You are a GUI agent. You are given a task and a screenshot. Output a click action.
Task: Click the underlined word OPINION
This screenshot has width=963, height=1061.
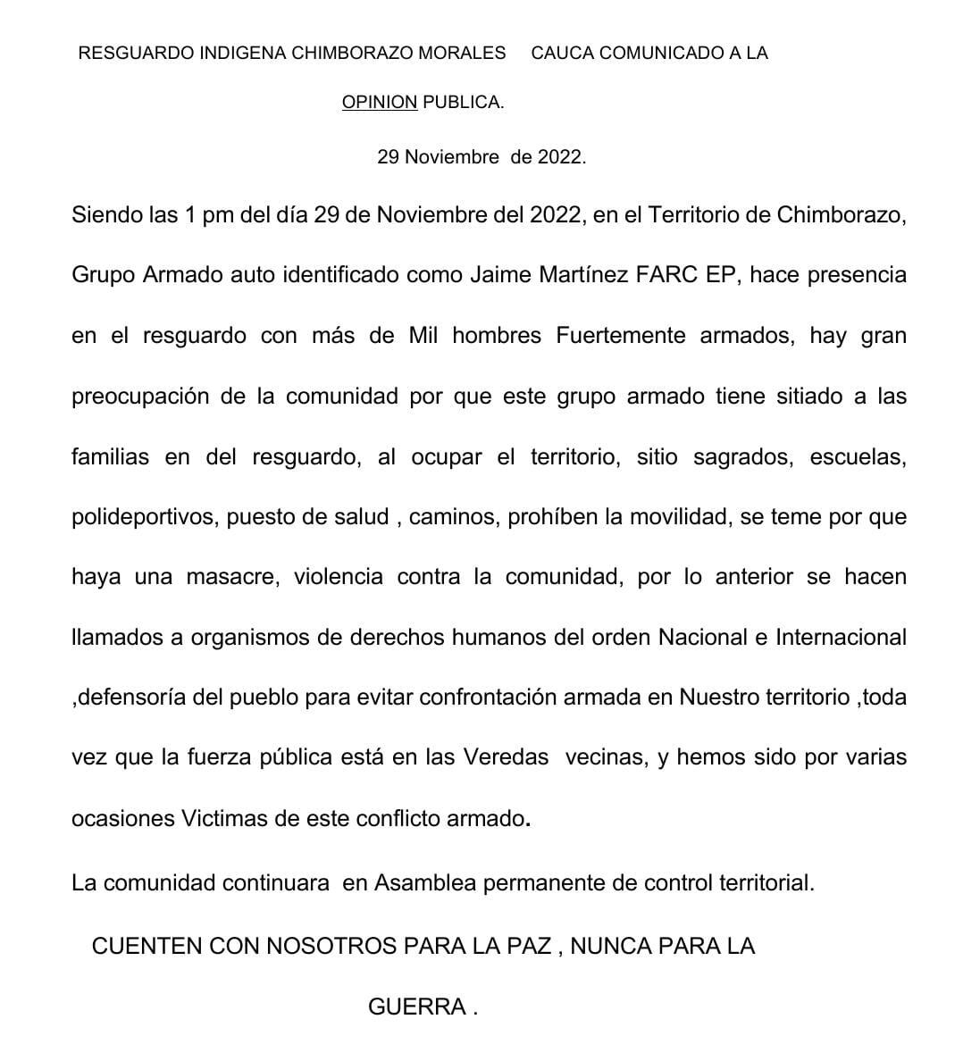[379, 103]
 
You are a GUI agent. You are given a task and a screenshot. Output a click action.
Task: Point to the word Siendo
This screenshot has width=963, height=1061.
[106, 215]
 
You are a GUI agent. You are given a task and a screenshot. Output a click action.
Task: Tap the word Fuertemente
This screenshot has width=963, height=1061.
[621, 336]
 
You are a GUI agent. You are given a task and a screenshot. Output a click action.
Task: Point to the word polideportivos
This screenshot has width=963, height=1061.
[143, 517]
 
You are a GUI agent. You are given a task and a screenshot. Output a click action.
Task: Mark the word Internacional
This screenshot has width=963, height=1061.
[841, 638]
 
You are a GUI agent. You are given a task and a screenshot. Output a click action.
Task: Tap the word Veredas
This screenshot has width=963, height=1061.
[506, 757]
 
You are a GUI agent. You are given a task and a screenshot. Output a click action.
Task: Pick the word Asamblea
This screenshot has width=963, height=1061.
[425, 883]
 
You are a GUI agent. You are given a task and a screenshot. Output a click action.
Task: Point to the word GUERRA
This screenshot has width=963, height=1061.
[417, 1007]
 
